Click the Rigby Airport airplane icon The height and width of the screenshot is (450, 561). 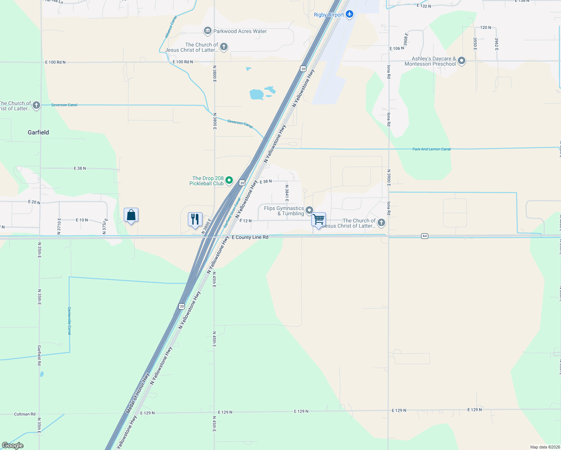coord(349,14)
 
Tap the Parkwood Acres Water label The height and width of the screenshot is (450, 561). coord(240,31)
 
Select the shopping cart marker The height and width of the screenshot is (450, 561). coord(318,219)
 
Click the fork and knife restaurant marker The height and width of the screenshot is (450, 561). coord(195,219)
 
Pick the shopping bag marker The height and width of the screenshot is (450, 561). coord(131,215)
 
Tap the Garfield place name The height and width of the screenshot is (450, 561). coord(38,132)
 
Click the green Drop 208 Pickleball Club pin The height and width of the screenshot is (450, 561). coord(229,181)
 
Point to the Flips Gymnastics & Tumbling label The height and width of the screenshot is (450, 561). coord(284,211)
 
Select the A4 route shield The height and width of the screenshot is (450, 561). coord(424,236)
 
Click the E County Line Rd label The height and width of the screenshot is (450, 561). coord(250,237)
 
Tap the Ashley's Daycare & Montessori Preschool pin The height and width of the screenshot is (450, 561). coord(462,61)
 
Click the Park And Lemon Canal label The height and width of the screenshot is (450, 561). coord(432,149)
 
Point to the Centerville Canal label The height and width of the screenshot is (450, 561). coord(69,321)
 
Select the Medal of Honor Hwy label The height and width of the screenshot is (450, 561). coord(138,393)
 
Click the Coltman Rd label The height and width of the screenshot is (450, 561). coord(25,414)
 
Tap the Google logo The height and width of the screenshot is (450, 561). coord(13,445)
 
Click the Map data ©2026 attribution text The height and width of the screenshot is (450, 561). coord(545,447)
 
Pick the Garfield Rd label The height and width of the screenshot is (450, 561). coord(39,355)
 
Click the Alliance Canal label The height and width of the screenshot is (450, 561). coord(171,27)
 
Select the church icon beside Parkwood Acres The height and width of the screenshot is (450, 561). coord(224,47)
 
